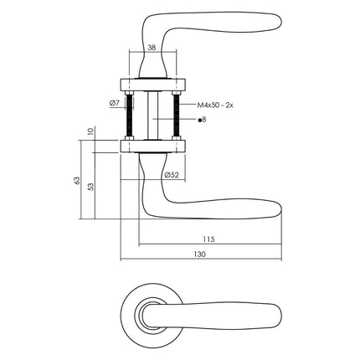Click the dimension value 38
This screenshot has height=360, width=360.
click(150, 48)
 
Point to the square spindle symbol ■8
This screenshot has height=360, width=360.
click(201, 121)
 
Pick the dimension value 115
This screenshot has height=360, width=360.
click(208, 239)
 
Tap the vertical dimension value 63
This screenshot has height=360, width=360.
click(76, 182)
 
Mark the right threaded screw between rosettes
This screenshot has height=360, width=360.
click(177, 115)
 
